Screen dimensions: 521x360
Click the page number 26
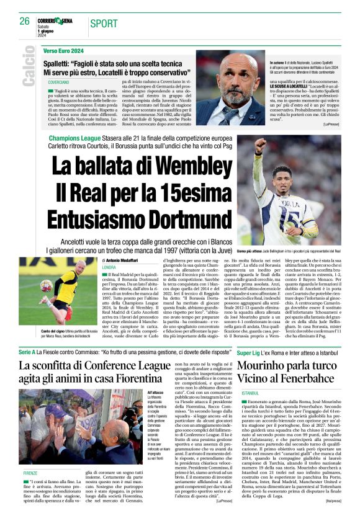click(25, 21)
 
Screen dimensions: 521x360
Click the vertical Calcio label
click(28, 70)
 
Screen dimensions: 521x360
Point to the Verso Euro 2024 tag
click(63, 50)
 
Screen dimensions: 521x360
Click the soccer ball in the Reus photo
click(47, 286)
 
